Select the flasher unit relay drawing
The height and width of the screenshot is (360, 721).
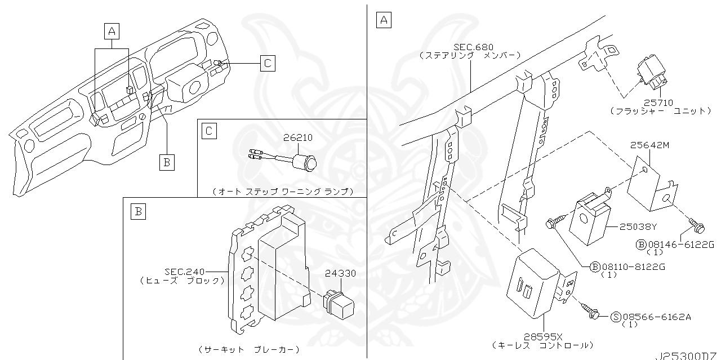click(652, 73)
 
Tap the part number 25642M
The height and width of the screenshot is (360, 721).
click(649, 145)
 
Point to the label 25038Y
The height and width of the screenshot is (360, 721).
click(638, 227)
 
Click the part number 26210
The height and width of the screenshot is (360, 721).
click(298, 137)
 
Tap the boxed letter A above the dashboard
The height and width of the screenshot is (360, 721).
click(112, 31)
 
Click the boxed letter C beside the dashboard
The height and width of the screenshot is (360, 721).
click(268, 63)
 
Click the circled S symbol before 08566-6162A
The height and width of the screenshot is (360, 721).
click(615, 317)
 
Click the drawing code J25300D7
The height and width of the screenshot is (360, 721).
click(688, 357)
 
